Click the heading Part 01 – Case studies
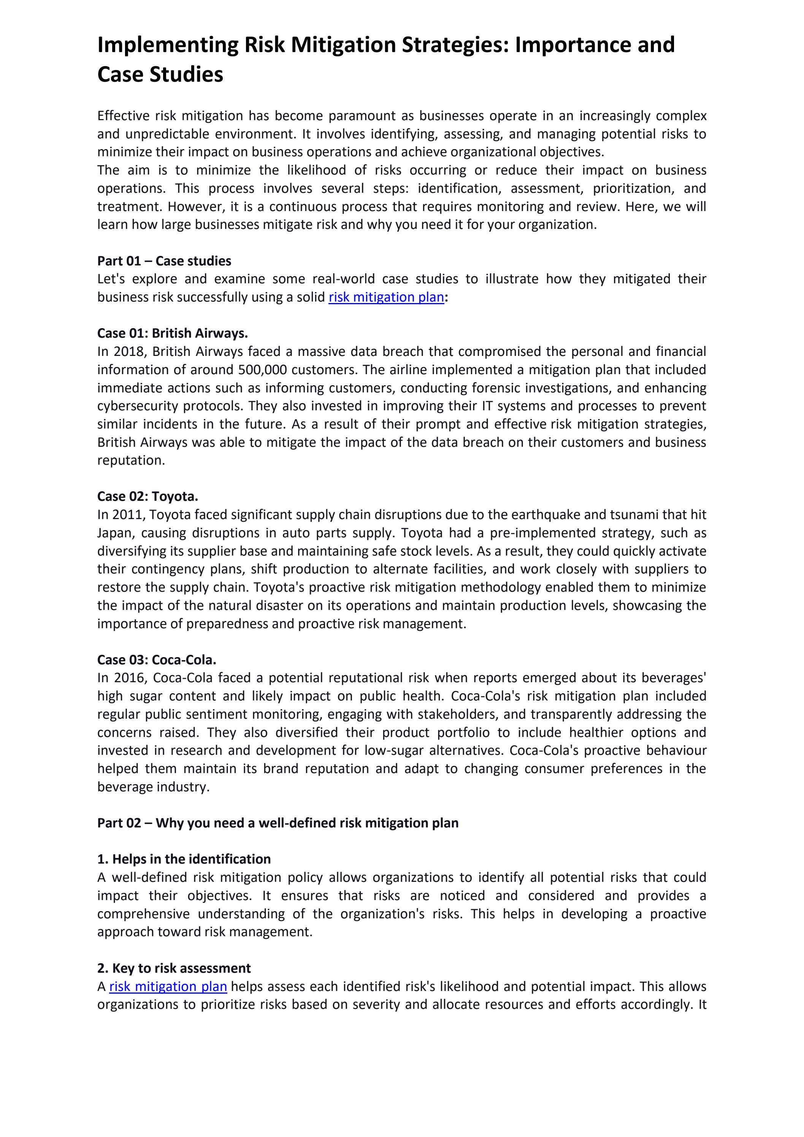[x=164, y=261]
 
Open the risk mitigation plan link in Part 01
[x=386, y=297]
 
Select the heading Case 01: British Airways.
[x=172, y=333]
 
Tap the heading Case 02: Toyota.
[x=147, y=497]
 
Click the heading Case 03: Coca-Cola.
[x=157, y=660]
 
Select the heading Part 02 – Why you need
[x=277, y=823]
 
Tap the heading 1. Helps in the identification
[x=184, y=859]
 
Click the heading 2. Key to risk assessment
[x=174, y=968]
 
